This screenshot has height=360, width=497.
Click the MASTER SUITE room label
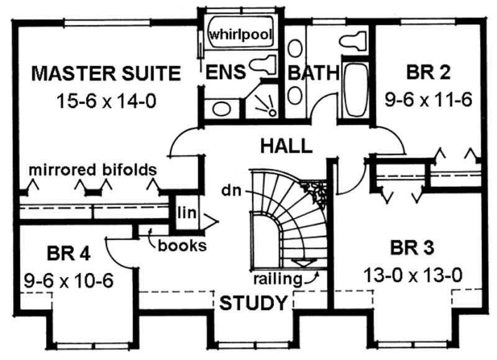click(106, 74)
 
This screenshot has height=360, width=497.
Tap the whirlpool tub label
click(241, 35)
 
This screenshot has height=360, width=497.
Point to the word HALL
click(286, 146)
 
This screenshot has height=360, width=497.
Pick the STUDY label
click(253, 304)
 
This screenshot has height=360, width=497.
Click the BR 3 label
click(413, 250)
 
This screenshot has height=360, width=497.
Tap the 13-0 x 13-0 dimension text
click(413, 274)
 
